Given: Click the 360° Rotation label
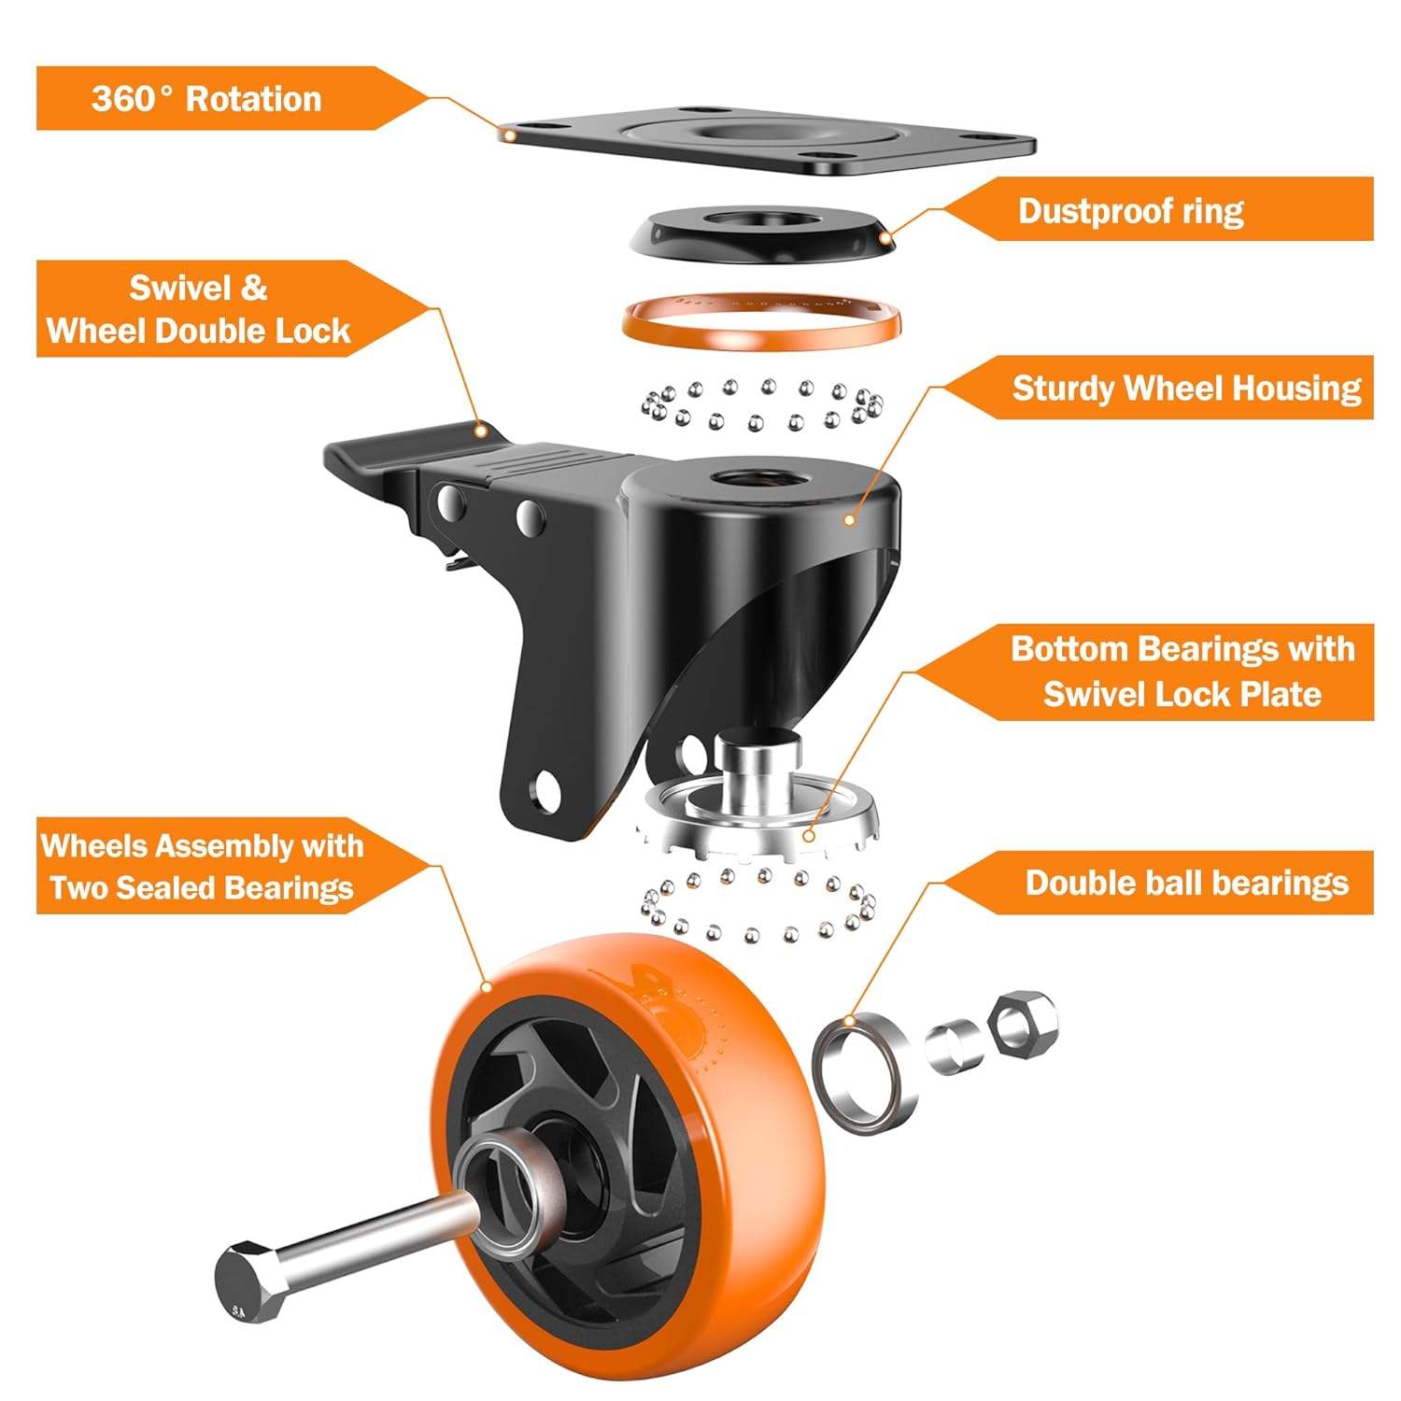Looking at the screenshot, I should [x=206, y=99].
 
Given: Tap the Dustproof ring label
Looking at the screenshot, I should [x=1130, y=211].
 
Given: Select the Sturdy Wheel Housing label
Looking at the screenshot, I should [x=1186, y=389].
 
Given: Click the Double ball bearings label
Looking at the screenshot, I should [x=1186, y=883].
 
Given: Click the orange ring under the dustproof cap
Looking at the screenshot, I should [x=761, y=322].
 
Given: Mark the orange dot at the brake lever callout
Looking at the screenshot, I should [x=482, y=431].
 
